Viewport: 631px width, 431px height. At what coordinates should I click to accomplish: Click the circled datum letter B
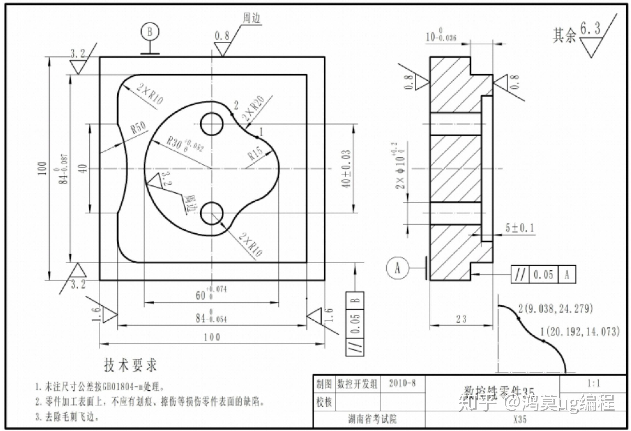[x=150, y=32]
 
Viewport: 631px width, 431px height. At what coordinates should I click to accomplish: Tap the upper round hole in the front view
[x=212, y=124]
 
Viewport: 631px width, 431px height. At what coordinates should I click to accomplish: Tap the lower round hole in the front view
[x=212, y=213]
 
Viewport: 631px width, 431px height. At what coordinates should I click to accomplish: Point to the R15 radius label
[x=256, y=153]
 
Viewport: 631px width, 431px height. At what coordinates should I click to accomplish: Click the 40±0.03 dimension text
[x=346, y=169]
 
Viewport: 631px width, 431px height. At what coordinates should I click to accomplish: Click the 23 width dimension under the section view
[x=461, y=319]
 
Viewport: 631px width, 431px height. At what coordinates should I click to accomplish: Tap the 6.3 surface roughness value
[x=590, y=28]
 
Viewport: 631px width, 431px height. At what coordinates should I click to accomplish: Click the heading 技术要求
[x=130, y=365]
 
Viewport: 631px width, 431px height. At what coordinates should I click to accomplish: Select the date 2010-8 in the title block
[x=402, y=383]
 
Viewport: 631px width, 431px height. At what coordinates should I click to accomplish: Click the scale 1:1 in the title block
[x=593, y=383]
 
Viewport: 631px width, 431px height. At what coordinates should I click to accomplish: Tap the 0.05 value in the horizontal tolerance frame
[x=543, y=275]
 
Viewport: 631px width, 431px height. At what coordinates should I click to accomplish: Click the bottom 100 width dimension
[x=212, y=337]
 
